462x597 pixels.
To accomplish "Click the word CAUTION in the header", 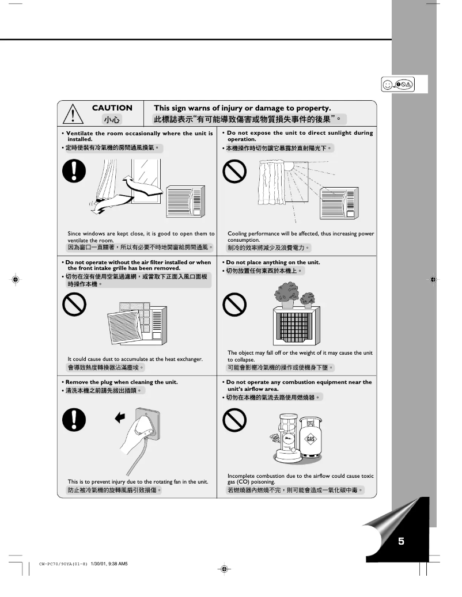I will coord(112,108).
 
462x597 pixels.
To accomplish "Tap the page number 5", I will coord(401,541).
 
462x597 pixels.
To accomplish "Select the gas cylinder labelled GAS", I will coord(311,440).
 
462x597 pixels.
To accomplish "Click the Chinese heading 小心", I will coord(112,120).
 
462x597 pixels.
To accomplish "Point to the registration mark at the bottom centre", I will coord(225,569).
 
